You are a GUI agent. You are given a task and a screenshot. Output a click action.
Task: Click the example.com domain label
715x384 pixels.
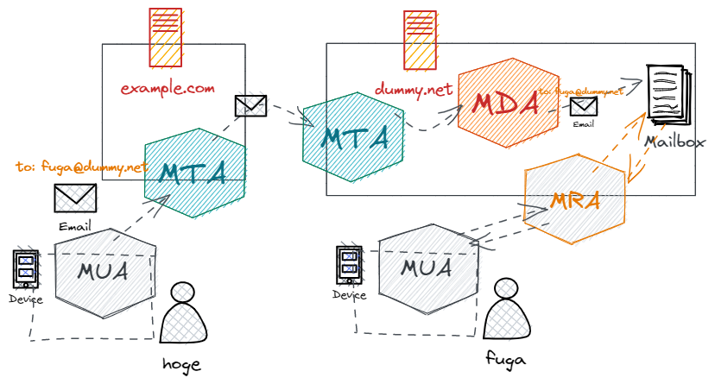pos(167,88)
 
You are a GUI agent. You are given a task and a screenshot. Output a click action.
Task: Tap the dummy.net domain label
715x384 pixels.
pos(414,88)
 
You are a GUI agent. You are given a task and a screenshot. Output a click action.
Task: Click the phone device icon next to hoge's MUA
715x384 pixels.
pos(26,269)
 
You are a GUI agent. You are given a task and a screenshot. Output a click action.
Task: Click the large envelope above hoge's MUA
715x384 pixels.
pos(76,198)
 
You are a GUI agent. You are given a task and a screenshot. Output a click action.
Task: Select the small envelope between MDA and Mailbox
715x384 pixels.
pos(584,107)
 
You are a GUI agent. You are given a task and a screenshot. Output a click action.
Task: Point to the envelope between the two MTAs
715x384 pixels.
pos(250,105)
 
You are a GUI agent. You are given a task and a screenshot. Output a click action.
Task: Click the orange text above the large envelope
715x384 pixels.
pos(82,166)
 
